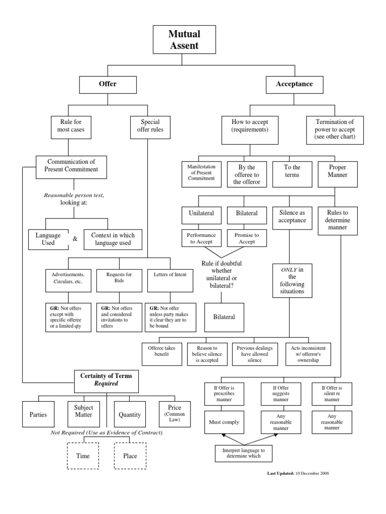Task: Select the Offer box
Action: tap(107, 84)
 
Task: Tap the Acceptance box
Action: tap(294, 84)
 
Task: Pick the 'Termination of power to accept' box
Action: tap(335, 129)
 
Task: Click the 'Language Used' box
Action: tap(48, 238)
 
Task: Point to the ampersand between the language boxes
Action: tap(75, 239)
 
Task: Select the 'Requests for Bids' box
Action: tap(119, 278)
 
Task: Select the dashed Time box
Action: tap(83, 456)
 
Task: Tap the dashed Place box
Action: tap(130, 456)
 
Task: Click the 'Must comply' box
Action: tap(224, 422)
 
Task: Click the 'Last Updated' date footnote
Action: tap(299, 473)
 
